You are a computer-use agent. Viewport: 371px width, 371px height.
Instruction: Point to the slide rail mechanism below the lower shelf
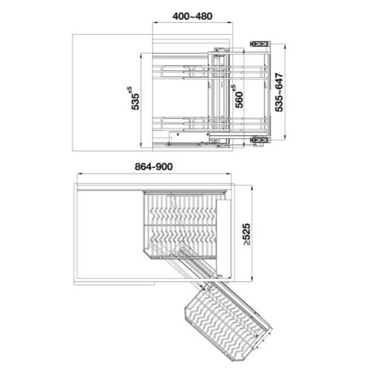click(189, 137)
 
